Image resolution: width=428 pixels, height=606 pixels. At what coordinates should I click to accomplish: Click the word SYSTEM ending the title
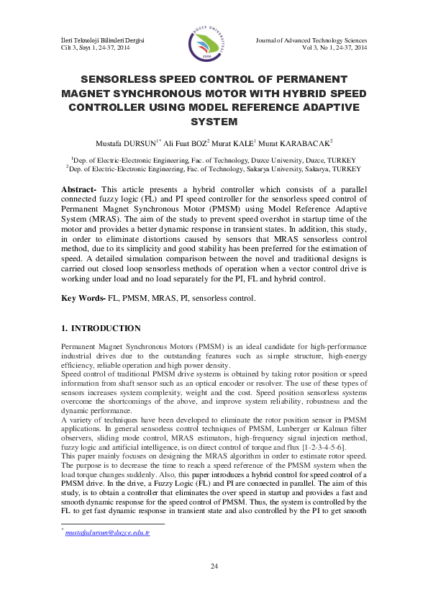(x=213, y=121)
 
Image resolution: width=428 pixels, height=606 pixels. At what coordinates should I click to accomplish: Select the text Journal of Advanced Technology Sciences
(x=311, y=40)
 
